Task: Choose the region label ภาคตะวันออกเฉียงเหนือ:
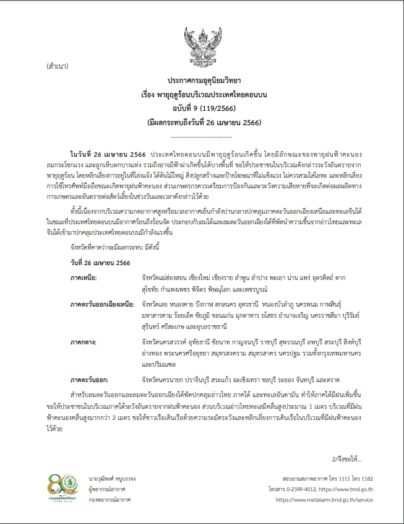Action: pos(102,305)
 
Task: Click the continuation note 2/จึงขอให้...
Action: pos(348,459)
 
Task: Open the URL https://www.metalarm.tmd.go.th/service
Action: pos(324,499)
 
